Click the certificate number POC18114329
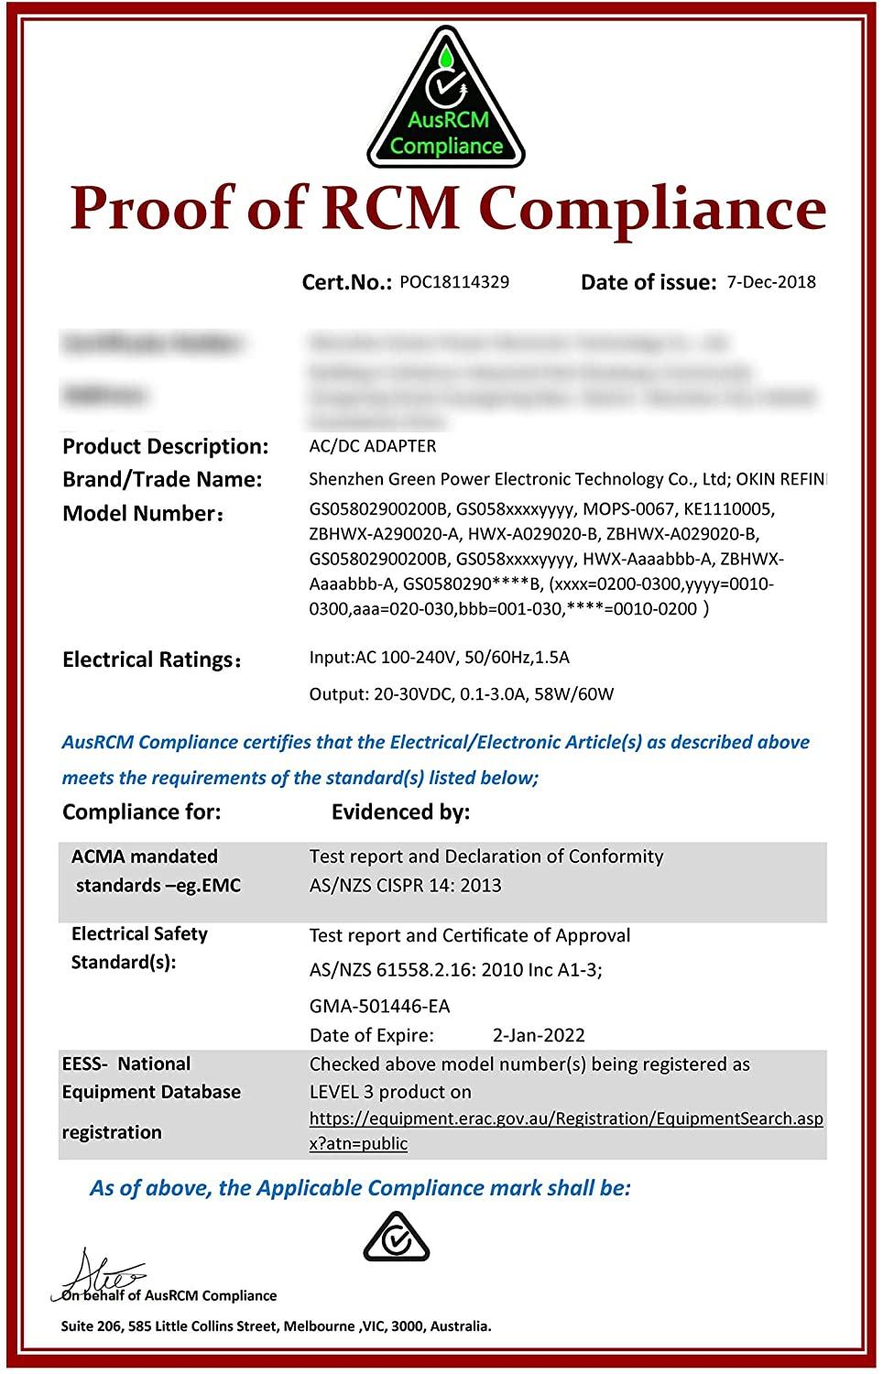(454, 282)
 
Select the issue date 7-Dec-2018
(771, 282)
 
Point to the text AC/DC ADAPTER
(373, 446)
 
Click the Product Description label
(165, 446)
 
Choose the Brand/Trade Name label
(162, 479)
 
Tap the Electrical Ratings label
(151, 660)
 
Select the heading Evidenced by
(400, 812)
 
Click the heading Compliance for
(141, 812)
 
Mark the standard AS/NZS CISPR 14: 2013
(405, 885)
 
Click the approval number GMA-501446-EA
(379, 1006)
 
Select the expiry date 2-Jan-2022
(539, 1035)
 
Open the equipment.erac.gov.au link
(565, 1118)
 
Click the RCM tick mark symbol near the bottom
(397, 1238)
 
